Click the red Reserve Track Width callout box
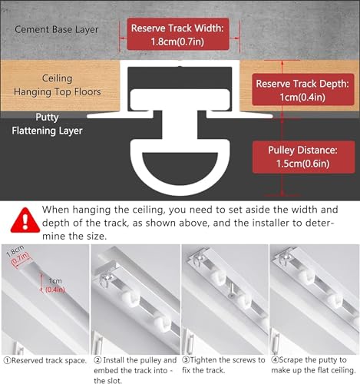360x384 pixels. pos(178,34)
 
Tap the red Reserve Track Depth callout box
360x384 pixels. pos(303,90)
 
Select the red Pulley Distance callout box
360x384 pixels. pos(303,157)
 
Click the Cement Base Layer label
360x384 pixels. pos(57,29)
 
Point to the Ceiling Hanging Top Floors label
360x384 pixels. pos(57,84)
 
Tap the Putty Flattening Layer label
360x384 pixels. pos(47,124)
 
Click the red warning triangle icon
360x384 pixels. pos(25,220)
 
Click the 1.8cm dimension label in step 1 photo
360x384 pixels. pos(15,251)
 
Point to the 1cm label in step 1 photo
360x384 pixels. pos(55,281)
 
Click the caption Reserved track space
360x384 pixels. pos(45,361)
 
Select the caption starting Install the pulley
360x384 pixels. pos(135,370)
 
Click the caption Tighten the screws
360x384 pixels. pos(223,365)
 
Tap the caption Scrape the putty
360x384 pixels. pos(313,365)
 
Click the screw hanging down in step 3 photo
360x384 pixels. pos(232,290)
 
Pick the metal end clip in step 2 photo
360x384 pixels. pos(106,280)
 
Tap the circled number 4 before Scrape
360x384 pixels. pos(275,360)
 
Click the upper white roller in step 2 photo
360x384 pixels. pos(130,299)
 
